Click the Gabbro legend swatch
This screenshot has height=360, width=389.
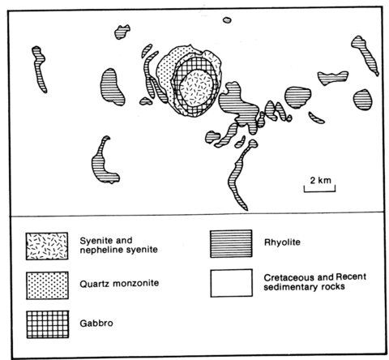click(x=48, y=324)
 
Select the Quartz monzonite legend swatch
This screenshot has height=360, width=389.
click(x=47, y=285)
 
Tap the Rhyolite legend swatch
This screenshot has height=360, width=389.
click(x=231, y=243)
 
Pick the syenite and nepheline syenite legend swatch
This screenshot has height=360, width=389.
click(x=47, y=246)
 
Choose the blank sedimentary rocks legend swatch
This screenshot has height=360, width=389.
click(x=232, y=283)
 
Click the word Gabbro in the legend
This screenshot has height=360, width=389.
click(x=96, y=324)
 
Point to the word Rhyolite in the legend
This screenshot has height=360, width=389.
click(x=282, y=242)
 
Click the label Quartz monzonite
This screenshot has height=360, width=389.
click(x=119, y=284)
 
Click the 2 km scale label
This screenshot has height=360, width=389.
click(x=320, y=180)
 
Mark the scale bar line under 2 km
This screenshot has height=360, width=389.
click(x=320, y=191)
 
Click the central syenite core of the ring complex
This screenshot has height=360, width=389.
click(x=197, y=87)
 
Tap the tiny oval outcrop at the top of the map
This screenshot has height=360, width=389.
click(x=227, y=20)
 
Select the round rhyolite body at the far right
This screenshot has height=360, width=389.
click(x=362, y=100)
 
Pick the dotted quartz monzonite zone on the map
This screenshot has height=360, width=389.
click(x=165, y=71)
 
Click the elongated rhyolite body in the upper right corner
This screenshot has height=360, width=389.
click(x=365, y=54)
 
